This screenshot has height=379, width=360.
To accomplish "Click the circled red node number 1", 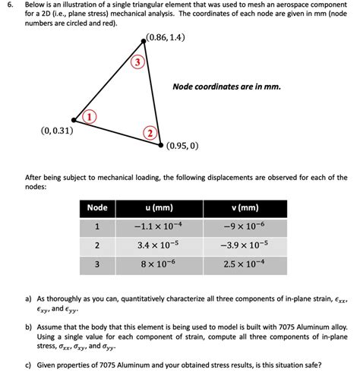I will (x=89, y=117).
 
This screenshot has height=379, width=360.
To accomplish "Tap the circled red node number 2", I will (x=150, y=134).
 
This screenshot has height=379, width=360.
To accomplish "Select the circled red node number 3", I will (x=137, y=62).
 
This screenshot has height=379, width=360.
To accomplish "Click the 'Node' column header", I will (x=97, y=208).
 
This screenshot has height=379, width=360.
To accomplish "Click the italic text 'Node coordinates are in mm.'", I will (x=226, y=87).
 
